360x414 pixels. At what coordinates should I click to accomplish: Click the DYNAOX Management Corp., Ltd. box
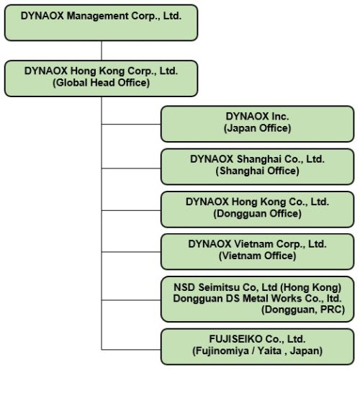(x=101, y=23)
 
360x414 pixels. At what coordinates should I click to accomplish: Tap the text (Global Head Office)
(x=101, y=83)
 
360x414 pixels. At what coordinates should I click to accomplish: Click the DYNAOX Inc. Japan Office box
(x=257, y=124)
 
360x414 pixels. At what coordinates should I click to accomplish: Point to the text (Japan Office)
(x=257, y=128)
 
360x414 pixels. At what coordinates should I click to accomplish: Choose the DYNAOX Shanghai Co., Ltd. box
(x=257, y=166)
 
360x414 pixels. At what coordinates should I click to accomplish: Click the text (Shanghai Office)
(x=257, y=171)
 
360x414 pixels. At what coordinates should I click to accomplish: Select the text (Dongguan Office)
(x=257, y=214)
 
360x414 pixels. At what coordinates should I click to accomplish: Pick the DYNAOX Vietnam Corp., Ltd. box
(x=257, y=251)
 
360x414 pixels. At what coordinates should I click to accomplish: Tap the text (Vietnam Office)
(x=257, y=256)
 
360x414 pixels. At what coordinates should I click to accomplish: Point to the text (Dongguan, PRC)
(x=303, y=310)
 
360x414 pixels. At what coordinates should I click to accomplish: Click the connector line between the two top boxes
(x=102, y=50)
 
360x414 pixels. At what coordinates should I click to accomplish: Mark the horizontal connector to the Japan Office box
(x=131, y=124)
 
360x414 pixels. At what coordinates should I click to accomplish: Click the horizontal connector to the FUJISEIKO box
(x=131, y=350)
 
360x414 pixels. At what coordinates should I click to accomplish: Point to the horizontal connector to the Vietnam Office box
(x=131, y=252)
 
